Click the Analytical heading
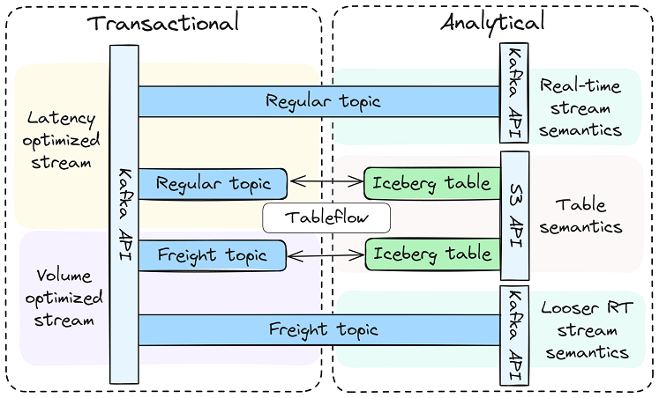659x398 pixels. (x=493, y=22)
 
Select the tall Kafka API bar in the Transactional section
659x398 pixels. (x=124, y=214)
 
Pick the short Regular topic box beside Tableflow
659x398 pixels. (x=213, y=183)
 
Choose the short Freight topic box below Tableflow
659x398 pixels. (x=213, y=255)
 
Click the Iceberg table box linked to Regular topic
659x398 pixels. (x=431, y=183)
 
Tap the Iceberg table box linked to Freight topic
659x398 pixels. (x=431, y=254)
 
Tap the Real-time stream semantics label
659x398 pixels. (x=580, y=107)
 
